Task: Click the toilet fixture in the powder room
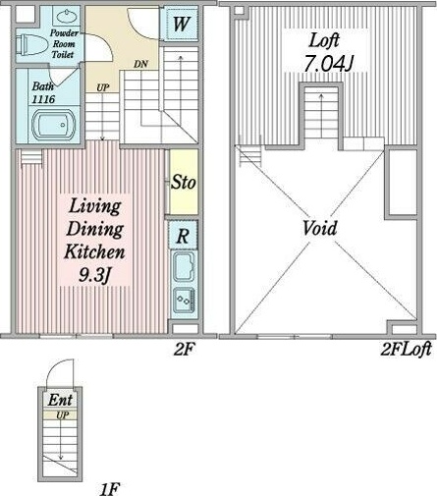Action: (x=30, y=45)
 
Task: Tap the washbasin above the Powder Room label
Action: (x=68, y=17)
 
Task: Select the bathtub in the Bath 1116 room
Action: (x=54, y=125)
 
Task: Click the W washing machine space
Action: (x=181, y=24)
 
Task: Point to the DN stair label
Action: (x=140, y=64)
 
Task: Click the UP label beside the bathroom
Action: (x=103, y=87)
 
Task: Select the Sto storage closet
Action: (x=184, y=182)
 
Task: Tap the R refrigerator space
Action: (x=184, y=236)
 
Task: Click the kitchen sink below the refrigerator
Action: (x=184, y=267)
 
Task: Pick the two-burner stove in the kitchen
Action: (x=184, y=300)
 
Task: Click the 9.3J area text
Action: (x=94, y=276)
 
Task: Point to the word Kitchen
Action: (x=94, y=252)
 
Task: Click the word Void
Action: (x=319, y=228)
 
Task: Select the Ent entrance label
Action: (x=60, y=400)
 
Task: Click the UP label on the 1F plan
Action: (x=62, y=415)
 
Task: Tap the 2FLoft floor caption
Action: (x=407, y=350)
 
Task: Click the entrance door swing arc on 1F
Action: (x=55, y=366)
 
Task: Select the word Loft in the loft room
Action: (x=324, y=40)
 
